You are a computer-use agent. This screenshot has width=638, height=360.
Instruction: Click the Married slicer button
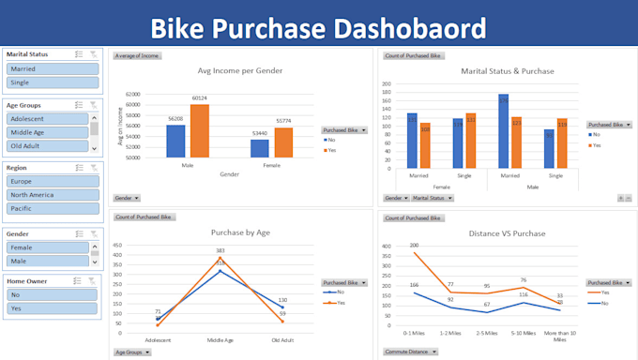(52, 68)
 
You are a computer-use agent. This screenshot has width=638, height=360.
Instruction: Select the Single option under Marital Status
(52, 82)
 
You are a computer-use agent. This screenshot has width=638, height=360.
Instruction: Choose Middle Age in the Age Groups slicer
(47, 133)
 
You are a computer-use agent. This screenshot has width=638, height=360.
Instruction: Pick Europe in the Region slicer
(52, 181)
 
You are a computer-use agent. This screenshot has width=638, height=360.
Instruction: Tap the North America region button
(52, 194)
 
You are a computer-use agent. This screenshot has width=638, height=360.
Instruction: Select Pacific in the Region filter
(52, 208)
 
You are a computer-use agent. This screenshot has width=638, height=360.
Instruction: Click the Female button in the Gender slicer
(47, 248)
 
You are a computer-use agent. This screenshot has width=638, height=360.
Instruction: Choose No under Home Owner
(52, 293)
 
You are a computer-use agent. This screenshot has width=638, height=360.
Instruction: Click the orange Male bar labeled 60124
(199, 130)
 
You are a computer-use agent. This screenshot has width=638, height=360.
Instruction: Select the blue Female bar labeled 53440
(259, 148)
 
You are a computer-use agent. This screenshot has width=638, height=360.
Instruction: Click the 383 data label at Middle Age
(220, 250)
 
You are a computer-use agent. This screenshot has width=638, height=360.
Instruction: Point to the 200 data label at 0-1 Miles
(414, 245)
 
